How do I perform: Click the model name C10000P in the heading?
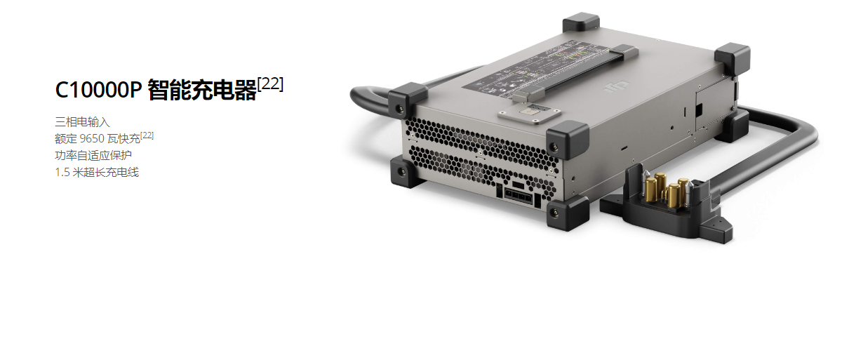coord(98,90)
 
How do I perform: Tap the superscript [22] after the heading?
coord(270,84)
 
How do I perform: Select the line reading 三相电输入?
coord(82,121)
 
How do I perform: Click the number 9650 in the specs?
coord(92,139)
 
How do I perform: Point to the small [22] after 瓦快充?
coord(147,135)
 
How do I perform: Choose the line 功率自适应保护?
coord(93,155)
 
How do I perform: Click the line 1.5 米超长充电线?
coord(97,172)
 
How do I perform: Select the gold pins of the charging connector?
coord(667,189)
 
